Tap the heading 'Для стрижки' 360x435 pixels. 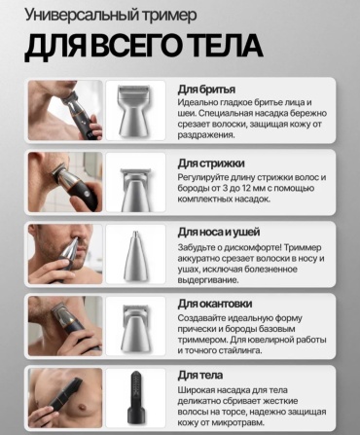(x=211, y=163)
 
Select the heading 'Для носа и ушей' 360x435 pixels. (x=219, y=233)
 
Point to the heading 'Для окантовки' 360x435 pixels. (x=215, y=304)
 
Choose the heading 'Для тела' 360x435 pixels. (x=200, y=376)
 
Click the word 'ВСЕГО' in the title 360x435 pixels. (x=137, y=46)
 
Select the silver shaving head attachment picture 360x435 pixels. (x=133, y=111)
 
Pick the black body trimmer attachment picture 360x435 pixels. (x=136, y=397)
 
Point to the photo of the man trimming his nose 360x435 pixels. (x=65, y=254)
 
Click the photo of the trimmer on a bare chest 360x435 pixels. (x=65, y=398)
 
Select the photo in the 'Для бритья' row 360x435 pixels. (x=65, y=111)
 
